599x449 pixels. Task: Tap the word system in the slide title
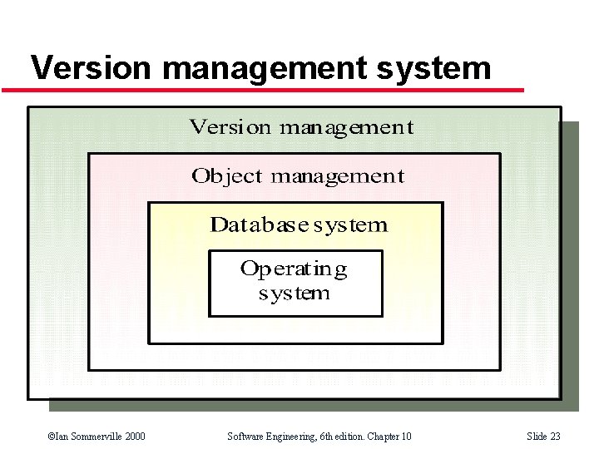pos(433,67)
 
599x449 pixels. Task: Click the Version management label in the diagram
pos(301,127)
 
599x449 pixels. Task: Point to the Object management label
pos(297,176)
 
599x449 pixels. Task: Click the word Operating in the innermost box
pos(294,269)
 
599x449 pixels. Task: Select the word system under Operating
pos(294,294)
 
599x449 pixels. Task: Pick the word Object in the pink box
pos(226,176)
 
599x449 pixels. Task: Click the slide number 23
pos(556,437)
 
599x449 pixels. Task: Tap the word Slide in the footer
pos(537,437)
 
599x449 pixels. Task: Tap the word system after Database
pos(350,224)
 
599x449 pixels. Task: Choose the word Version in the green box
pos(230,127)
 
